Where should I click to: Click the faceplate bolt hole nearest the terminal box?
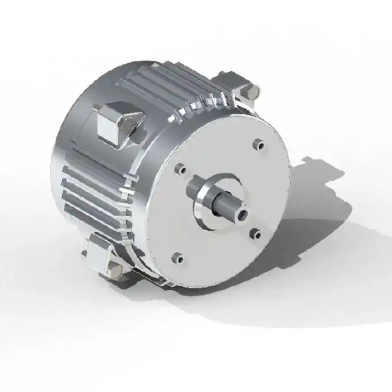(x=181, y=168)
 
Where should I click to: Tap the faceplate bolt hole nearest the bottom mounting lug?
(x=178, y=258)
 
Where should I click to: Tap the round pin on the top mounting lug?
(x=254, y=90)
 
